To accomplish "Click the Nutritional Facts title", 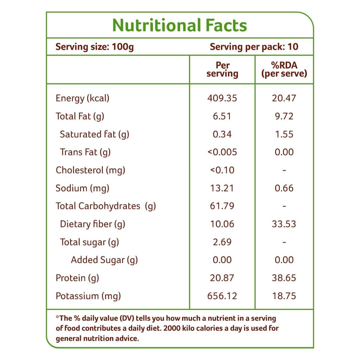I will (179, 26).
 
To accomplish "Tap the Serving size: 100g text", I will (95, 47).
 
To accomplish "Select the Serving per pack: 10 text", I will (254, 47).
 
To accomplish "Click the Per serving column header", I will (222, 69).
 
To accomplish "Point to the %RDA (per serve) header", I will (284, 69).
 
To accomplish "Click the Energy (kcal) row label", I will (82, 98).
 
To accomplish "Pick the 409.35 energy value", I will (222, 98).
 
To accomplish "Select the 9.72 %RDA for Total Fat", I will (284, 116).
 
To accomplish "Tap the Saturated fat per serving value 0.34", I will (222, 134).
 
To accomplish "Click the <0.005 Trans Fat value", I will (222, 152).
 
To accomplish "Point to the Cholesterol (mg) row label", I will (90, 170).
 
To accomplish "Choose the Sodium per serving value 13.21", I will (222, 188).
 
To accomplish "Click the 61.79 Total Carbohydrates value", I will (222, 206).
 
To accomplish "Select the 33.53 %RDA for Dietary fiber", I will (284, 224).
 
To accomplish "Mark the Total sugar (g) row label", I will (89, 242).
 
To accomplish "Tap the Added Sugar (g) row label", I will (104, 260).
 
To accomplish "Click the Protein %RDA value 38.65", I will (284, 278).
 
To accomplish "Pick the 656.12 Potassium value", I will (222, 296).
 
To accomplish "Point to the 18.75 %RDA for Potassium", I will (284, 296).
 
